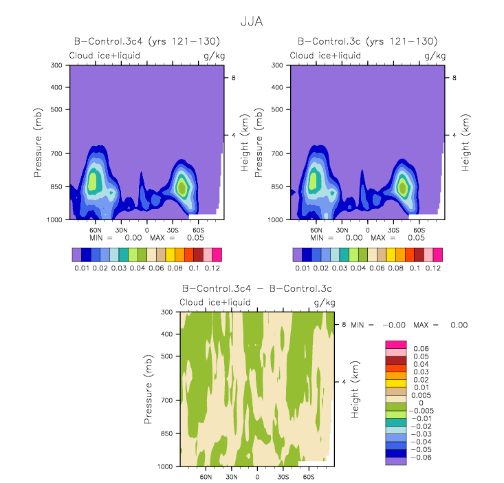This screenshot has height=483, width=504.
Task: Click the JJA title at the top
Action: (252, 21)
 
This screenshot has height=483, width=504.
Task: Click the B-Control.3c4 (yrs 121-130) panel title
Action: (147, 41)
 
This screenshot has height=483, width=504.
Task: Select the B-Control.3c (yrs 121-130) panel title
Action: (367, 41)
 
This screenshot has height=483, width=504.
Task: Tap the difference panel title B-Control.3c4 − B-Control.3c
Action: (257, 288)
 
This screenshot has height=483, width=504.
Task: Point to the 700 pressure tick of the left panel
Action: (56, 153)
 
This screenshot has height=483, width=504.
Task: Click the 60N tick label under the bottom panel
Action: (206, 477)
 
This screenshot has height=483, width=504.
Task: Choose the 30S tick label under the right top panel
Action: (393, 230)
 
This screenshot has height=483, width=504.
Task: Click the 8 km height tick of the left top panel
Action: (233, 78)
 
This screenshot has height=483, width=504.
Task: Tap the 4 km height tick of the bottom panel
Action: (344, 382)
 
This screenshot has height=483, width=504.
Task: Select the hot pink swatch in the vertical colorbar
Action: (396, 345)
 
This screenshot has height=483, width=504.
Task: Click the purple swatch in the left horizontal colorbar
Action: (77, 255)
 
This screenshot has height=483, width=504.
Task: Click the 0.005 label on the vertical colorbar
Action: (421, 395)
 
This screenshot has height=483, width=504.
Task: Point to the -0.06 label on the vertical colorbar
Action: (421, 458)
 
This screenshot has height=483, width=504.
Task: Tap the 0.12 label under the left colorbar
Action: (212, 268)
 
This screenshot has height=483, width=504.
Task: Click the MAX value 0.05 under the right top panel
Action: (416, 238)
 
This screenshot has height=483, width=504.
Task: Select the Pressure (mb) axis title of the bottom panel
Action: (148, 389)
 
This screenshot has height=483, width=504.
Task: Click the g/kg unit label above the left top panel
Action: (215, 56)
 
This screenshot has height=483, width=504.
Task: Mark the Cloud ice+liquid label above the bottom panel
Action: (215, 303)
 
